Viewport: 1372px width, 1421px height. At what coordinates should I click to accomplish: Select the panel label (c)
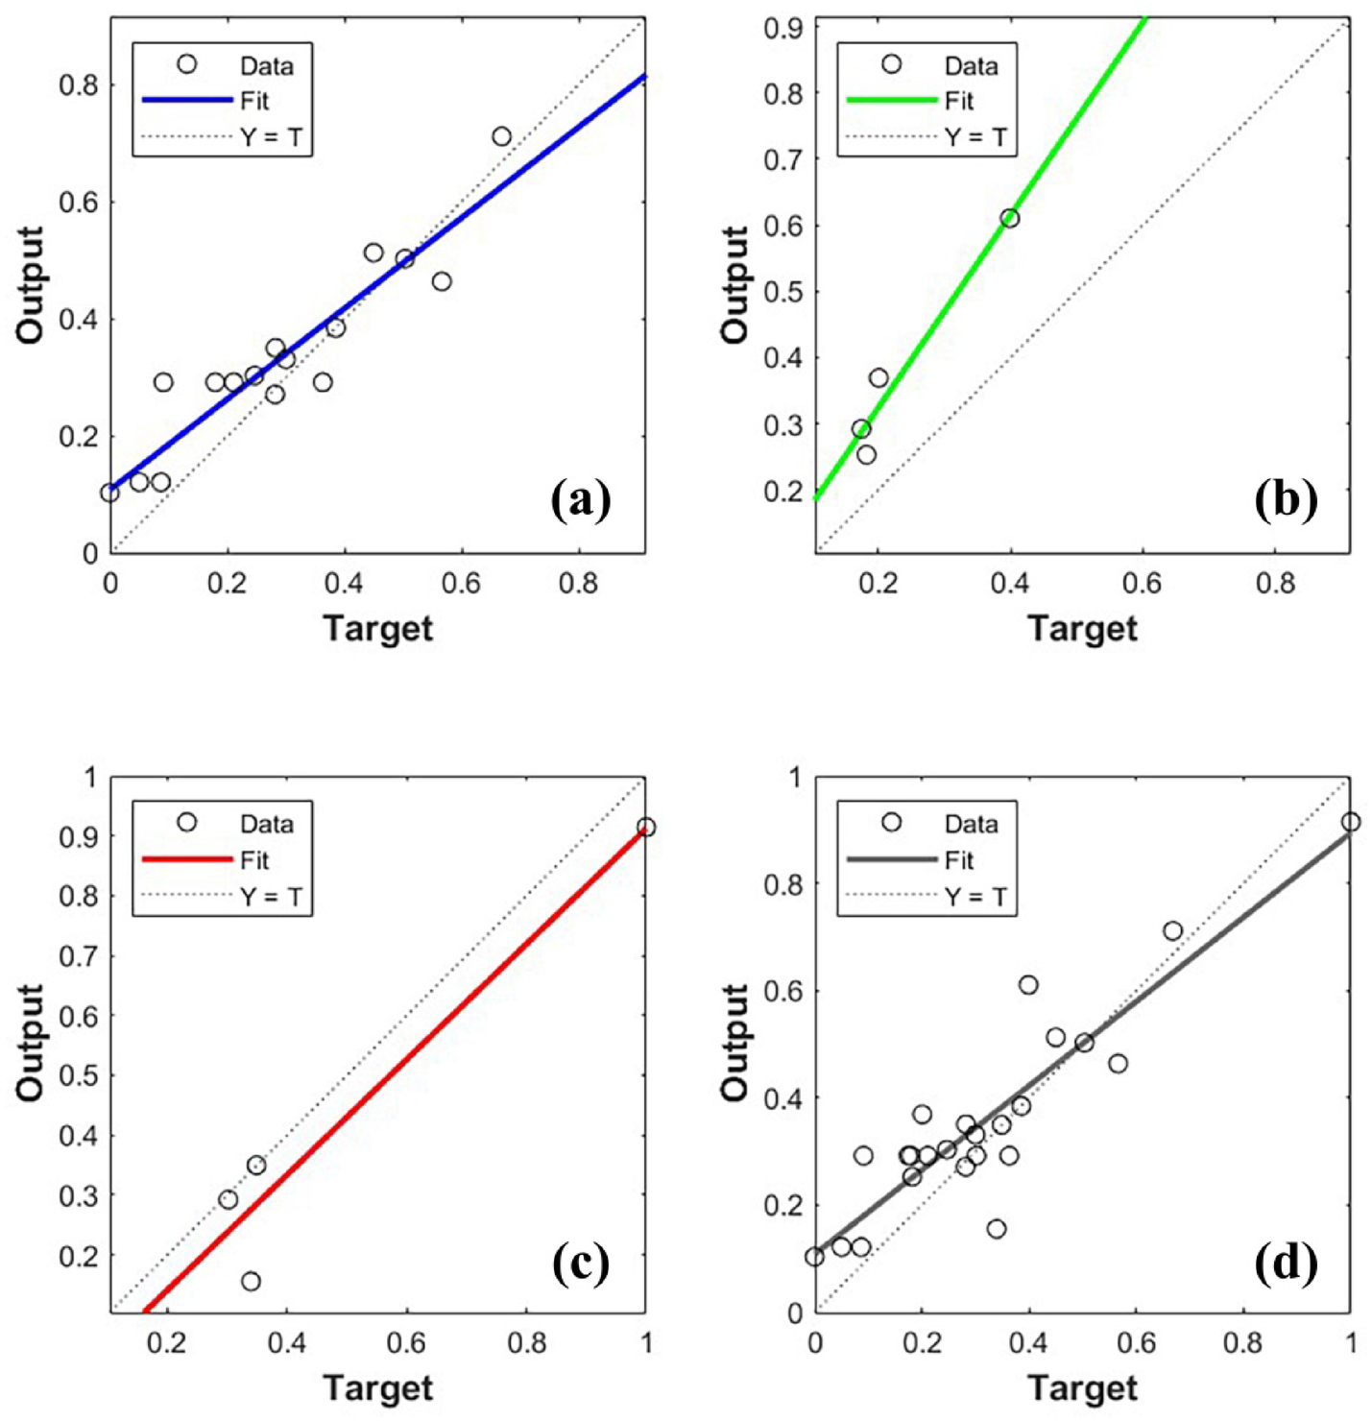(581, 1264)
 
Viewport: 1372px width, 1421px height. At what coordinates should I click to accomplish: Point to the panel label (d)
(1286, 1264)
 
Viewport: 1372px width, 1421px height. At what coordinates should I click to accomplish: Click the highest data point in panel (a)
(501, 136)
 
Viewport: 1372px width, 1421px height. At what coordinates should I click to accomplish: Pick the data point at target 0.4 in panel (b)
(1009, 218)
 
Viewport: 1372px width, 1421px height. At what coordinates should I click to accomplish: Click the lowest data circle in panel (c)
(251, 1281)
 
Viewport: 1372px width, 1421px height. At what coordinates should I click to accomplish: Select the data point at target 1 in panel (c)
(645, 827)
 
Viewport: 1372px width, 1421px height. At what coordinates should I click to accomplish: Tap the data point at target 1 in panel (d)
(1350, 822)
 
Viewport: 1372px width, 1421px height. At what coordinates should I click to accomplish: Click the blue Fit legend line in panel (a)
(187, 100)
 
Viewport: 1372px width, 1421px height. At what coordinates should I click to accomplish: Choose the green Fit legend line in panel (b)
(892, 100)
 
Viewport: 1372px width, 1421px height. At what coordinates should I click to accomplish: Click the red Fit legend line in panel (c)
(187, 858)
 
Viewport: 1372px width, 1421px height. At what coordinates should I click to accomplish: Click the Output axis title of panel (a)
(31, 284)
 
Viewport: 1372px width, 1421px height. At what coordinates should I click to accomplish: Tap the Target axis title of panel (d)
(1082, 1387)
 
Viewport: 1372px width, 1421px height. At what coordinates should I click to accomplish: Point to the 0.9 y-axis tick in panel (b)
(783, 28)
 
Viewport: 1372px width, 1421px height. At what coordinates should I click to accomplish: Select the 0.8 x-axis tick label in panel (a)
(579, 583)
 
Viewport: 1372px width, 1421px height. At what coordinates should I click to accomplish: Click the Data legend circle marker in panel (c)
(187, 822)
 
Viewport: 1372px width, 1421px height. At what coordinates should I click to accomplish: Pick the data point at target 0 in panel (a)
(110, 493)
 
